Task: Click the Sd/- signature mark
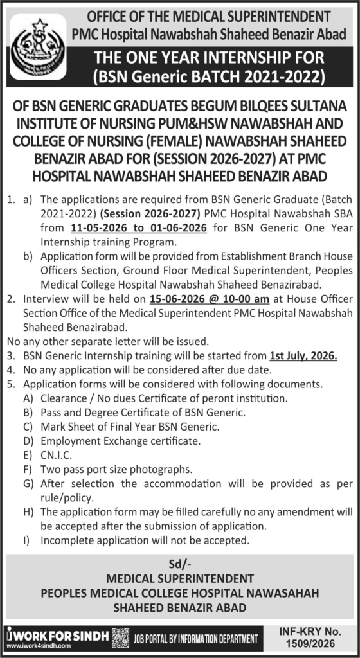click(x=179, y=564)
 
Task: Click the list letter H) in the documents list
click(x=28, y=511)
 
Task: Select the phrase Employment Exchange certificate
click(x=120, y=441)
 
